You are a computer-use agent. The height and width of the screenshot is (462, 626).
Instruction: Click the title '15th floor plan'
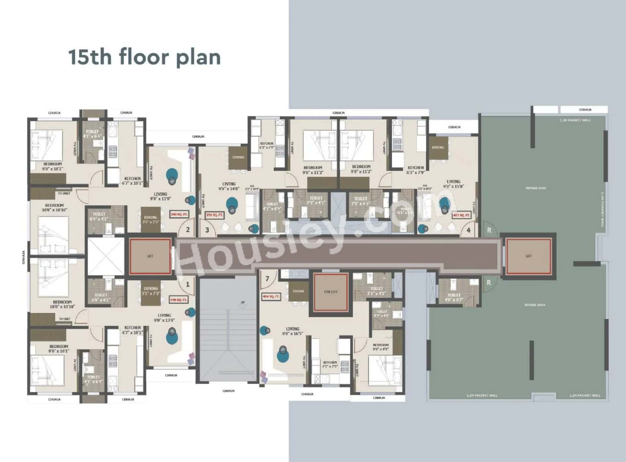coord(144,57)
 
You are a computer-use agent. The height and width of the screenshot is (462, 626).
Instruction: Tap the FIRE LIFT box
coord(331,292)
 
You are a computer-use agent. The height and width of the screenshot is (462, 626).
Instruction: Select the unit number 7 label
coord(267,279)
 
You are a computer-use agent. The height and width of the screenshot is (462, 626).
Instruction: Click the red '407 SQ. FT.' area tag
coord(461,215)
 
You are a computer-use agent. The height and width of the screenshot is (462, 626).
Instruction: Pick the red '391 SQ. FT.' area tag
coord(214,215)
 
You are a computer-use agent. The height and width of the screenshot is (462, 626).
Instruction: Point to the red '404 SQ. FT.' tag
coord(271,296)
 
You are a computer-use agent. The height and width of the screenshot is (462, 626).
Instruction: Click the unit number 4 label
coord(468,230)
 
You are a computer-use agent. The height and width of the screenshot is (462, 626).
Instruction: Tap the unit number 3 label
coord(207,230)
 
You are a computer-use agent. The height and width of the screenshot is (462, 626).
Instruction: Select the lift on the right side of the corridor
coord(528,256)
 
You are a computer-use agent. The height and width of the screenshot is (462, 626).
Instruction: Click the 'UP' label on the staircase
coord(242,302)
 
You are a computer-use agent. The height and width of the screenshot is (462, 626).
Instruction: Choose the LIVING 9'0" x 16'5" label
coord(292,331)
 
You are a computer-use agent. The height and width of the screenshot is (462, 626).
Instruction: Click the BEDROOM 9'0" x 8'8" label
coord(381,347)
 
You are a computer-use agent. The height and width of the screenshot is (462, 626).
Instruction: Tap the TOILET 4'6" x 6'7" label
coord(454,297)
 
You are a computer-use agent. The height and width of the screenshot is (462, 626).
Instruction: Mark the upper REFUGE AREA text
coord(536,188)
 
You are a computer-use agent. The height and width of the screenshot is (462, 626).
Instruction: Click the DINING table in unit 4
coord(438,148)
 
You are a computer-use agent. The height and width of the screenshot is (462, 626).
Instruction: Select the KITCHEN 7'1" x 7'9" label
coord(330,364)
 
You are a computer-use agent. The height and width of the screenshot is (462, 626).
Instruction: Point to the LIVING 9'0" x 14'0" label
coord(229,186)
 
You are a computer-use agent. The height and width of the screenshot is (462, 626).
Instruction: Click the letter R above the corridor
coord(489,231)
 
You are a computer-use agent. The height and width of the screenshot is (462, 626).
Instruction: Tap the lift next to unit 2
coord(150,256)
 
